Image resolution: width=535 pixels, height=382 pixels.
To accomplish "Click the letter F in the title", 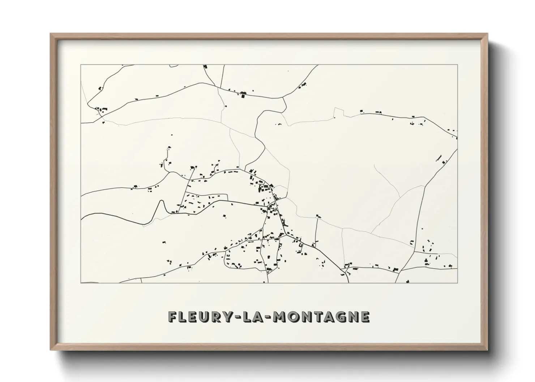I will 172,317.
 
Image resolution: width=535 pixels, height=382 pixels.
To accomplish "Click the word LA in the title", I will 253,317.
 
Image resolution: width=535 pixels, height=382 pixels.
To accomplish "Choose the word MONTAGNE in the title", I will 321,317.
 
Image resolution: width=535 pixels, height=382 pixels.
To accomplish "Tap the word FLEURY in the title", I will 200,317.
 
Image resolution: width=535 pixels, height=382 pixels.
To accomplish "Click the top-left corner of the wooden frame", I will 51,34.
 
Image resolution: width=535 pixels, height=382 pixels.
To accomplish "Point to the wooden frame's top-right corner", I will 487,34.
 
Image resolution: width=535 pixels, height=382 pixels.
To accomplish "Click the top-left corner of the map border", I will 81,65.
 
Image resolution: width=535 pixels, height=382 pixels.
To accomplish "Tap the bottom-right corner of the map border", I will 457,283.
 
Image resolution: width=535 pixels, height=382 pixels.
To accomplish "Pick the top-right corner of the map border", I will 457,65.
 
